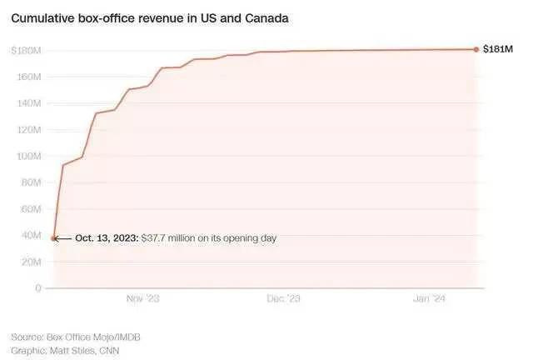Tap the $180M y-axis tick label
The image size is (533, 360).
tap(27, 51)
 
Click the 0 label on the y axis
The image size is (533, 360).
tap(38, 288)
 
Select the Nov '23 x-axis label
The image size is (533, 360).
tap(142, 299)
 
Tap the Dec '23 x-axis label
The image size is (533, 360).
tap(283, 299)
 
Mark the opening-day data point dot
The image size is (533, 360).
tap(54, 238)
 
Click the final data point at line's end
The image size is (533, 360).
tap(476, 49)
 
